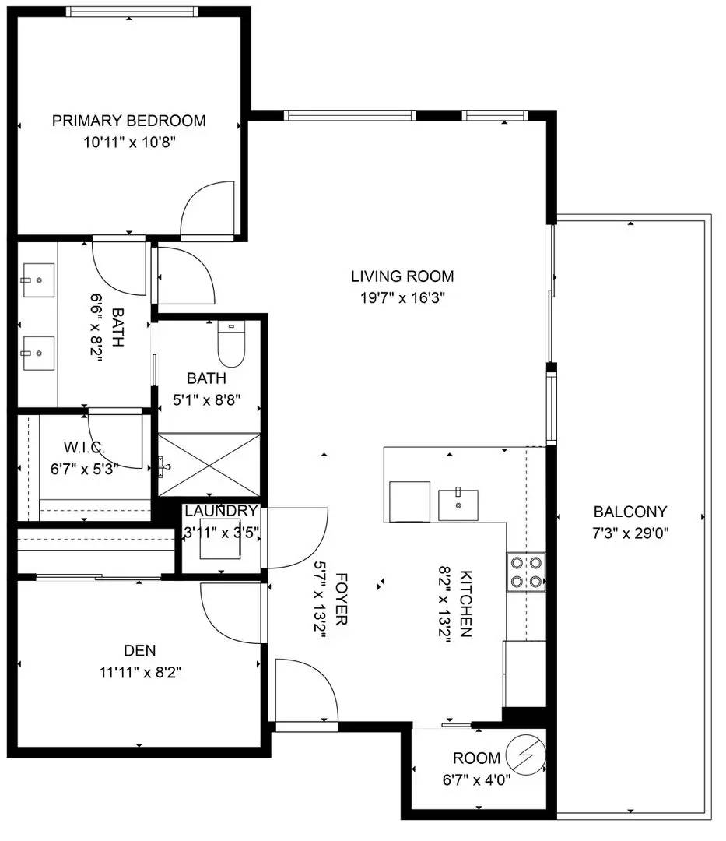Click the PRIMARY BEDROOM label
coord(128,121)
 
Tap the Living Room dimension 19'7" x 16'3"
coord(403,297)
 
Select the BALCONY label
coord(630,512)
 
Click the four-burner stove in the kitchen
coord(526,572)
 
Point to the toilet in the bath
coord(231,344)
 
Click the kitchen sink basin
coord(458,505)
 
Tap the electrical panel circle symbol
coord(526,755)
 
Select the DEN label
coord(140,650)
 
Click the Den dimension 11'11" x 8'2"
coord(140,672)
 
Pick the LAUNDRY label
coord(221,511)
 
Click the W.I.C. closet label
coord(84,447)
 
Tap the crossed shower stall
coord(209,465)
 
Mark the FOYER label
coord(342,599)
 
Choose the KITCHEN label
coord(465,603)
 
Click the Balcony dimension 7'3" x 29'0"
coord(630,533)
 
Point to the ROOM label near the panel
coord(476,758)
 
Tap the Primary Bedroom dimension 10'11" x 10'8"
coord(129,143)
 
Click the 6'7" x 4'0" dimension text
coord(476,779)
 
